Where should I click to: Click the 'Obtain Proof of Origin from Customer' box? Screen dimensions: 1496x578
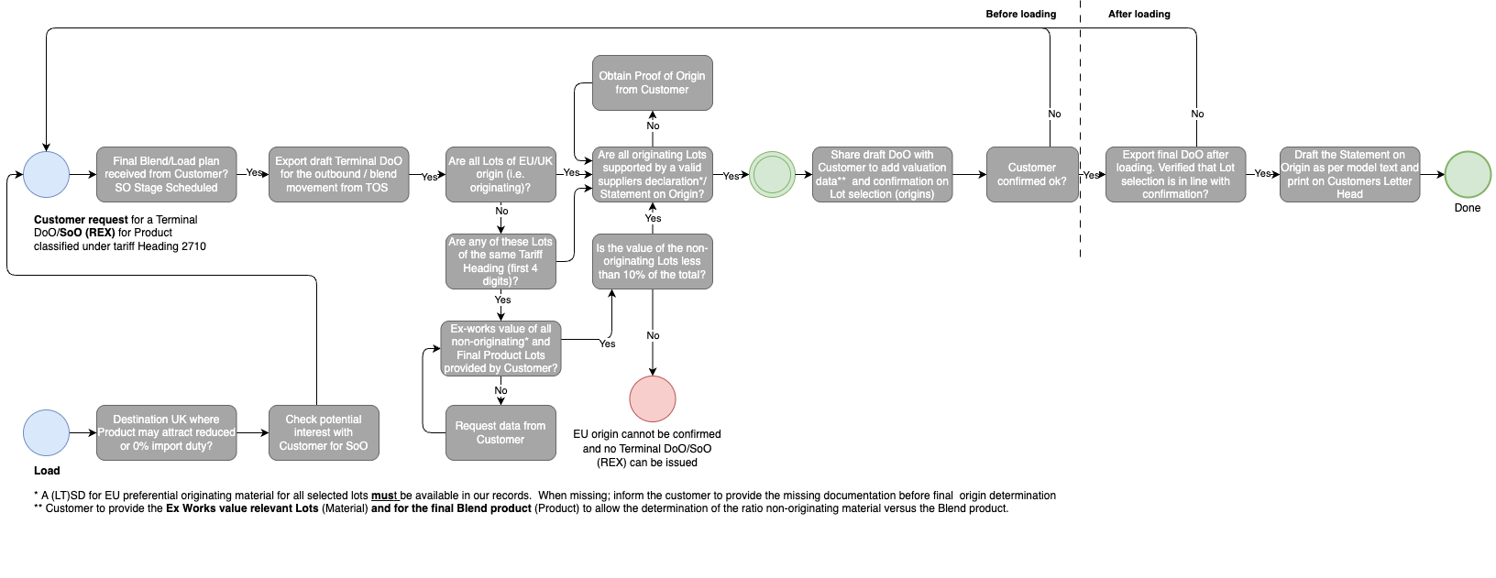(653, 82)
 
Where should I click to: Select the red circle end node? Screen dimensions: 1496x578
(653, 399)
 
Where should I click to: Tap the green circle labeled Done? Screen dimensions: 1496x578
(1468, 175)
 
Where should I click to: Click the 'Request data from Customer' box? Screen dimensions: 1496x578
(500, 432)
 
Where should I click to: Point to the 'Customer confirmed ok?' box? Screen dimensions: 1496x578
(1032, 174)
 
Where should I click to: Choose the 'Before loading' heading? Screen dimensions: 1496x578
(1020, 14)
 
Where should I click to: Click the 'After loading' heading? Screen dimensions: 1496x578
(1138, 14)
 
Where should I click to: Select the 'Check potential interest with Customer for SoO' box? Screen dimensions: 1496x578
(324, 432)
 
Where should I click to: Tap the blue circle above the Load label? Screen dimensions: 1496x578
(46, 433)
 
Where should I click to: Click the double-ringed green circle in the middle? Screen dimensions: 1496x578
(772, 175)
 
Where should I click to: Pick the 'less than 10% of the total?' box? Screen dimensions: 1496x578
(653, 262)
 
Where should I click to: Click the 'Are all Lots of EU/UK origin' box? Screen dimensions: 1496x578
(500, 174)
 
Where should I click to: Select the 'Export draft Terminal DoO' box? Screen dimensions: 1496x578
(338, 174)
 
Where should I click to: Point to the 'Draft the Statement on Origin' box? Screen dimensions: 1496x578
(1349, 174)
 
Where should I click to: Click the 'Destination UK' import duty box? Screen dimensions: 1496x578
(166, 432)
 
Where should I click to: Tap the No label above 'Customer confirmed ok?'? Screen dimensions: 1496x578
(1054, 115)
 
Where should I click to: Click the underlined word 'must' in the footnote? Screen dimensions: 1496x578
(384, 496)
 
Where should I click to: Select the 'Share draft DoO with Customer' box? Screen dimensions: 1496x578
(882, 174)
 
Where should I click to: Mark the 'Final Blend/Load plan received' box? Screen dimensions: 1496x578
(166, 174)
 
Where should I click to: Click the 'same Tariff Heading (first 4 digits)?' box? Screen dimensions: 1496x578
(500, 262)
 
